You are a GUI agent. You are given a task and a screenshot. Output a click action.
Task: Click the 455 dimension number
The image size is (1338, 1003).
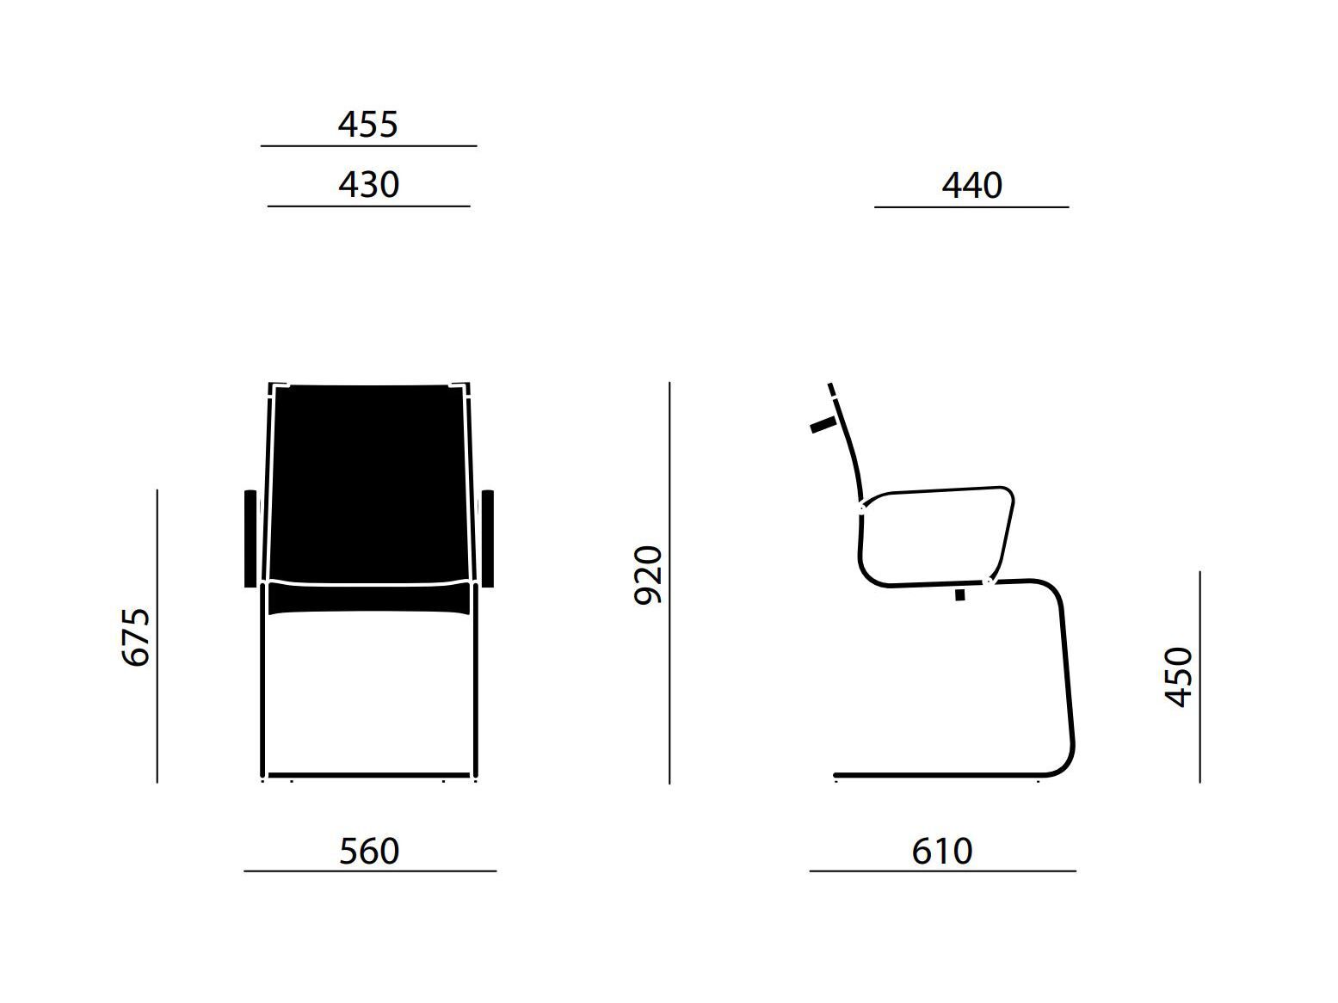click(367, 125)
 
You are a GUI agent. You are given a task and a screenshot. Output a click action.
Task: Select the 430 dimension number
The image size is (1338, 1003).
click(369, 185)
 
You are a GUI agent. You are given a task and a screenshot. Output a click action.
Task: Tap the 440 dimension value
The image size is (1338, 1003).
click(971, 185)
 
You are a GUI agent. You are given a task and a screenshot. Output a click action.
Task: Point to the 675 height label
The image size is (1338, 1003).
click(136, 637)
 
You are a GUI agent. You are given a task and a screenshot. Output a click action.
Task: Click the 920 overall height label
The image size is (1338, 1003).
click(647, 575)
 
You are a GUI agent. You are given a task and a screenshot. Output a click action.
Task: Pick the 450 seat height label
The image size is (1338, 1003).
click(1178, 677)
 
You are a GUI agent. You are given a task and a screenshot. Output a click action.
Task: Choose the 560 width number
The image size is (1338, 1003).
click(369, 852)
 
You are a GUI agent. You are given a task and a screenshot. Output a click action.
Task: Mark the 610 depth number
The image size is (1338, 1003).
click(942, 852)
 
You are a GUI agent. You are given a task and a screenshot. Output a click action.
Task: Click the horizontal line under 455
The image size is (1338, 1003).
click(369, 146)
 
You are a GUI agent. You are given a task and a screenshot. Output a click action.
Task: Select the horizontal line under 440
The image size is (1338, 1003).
click(971, 207)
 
